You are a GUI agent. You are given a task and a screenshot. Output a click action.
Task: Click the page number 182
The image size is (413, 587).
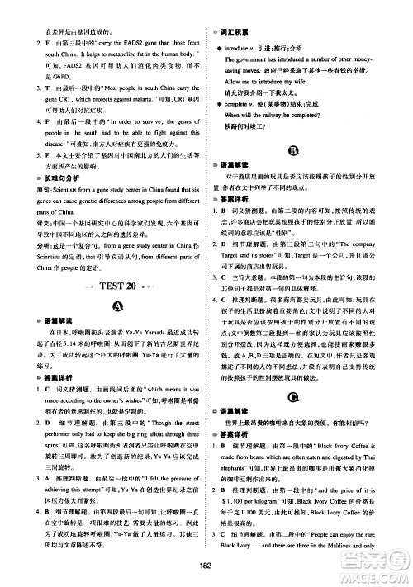pyautogui.click(x=206, y=566)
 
